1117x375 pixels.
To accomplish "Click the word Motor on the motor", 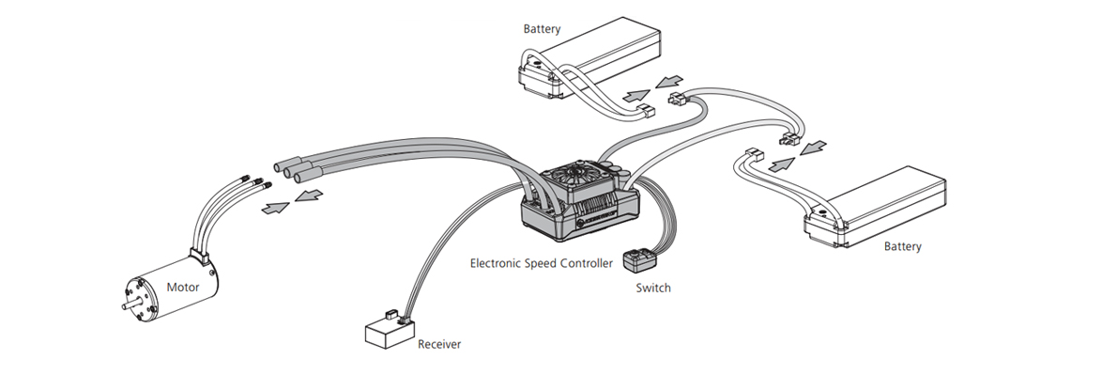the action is (182, 288).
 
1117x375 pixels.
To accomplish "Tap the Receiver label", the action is (439, 344).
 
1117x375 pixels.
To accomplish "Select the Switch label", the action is (652, 288).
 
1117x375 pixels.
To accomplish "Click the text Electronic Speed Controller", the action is (541, 263).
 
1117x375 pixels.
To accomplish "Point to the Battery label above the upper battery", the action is (542, 29).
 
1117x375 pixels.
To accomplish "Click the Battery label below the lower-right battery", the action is (902, 246).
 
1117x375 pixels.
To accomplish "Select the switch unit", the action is (638, 260).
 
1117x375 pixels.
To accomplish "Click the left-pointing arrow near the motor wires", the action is (309, 195).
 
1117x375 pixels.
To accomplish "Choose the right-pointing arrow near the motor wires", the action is (276, 208).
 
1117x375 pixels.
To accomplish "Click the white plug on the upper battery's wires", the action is (647, 111).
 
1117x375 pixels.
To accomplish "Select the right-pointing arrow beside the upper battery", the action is (636, 96).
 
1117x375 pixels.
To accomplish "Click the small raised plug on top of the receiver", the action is (390, 315).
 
